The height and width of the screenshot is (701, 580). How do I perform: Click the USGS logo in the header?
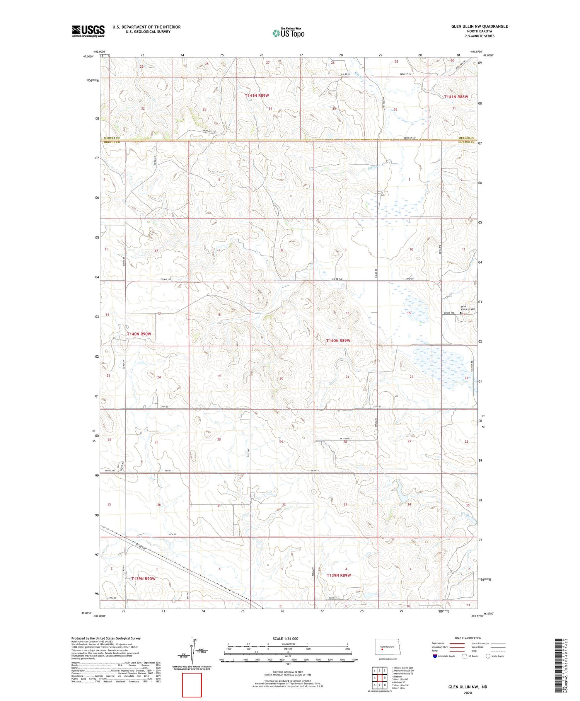pos(88,31)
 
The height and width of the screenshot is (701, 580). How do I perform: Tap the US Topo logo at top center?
pos(288,33)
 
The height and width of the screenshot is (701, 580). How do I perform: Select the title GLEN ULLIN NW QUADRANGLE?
pos(479,26)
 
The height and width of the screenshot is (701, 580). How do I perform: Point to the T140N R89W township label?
pos(338,341)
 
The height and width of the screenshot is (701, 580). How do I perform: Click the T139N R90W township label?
pos(143,579)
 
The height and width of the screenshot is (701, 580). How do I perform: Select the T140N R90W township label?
pos(139,334)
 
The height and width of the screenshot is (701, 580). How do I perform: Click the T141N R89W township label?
pos(257,95)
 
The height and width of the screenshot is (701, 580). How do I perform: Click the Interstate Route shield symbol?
pos(435,656)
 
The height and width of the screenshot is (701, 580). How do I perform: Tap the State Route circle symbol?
pos(488,656)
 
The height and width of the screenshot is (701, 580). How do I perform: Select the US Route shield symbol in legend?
pos(464,656)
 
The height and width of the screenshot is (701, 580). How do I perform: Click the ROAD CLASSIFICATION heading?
pos(468,638)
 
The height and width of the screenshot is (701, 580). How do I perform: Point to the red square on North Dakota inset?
pos(382,650)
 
